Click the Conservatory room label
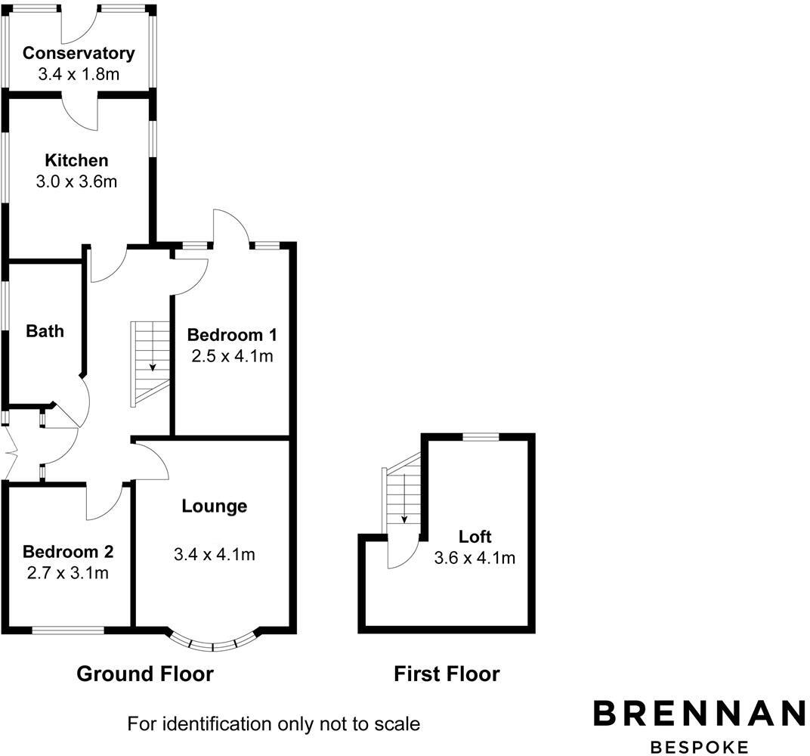click(x=79, y=53)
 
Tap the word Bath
click(x=45, y=331)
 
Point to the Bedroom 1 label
click(x=230, y=334)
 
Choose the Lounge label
click(x=214, y=506)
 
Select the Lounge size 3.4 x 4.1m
click(x=214, y=554)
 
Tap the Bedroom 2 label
click(x=68, y=551)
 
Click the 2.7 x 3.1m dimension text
click(x=68, y=572)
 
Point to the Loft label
click(x=475, y=537)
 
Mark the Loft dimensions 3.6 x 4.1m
click(x=475, y=558)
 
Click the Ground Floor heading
click(x=145, y=674)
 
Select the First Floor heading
click(x=447, y=674)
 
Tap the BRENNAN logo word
click(x=698, y=713)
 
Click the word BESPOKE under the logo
click(x=698, y=745)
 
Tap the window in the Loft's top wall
click(x=481, y=436)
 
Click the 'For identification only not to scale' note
click(x=274, y=723)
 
